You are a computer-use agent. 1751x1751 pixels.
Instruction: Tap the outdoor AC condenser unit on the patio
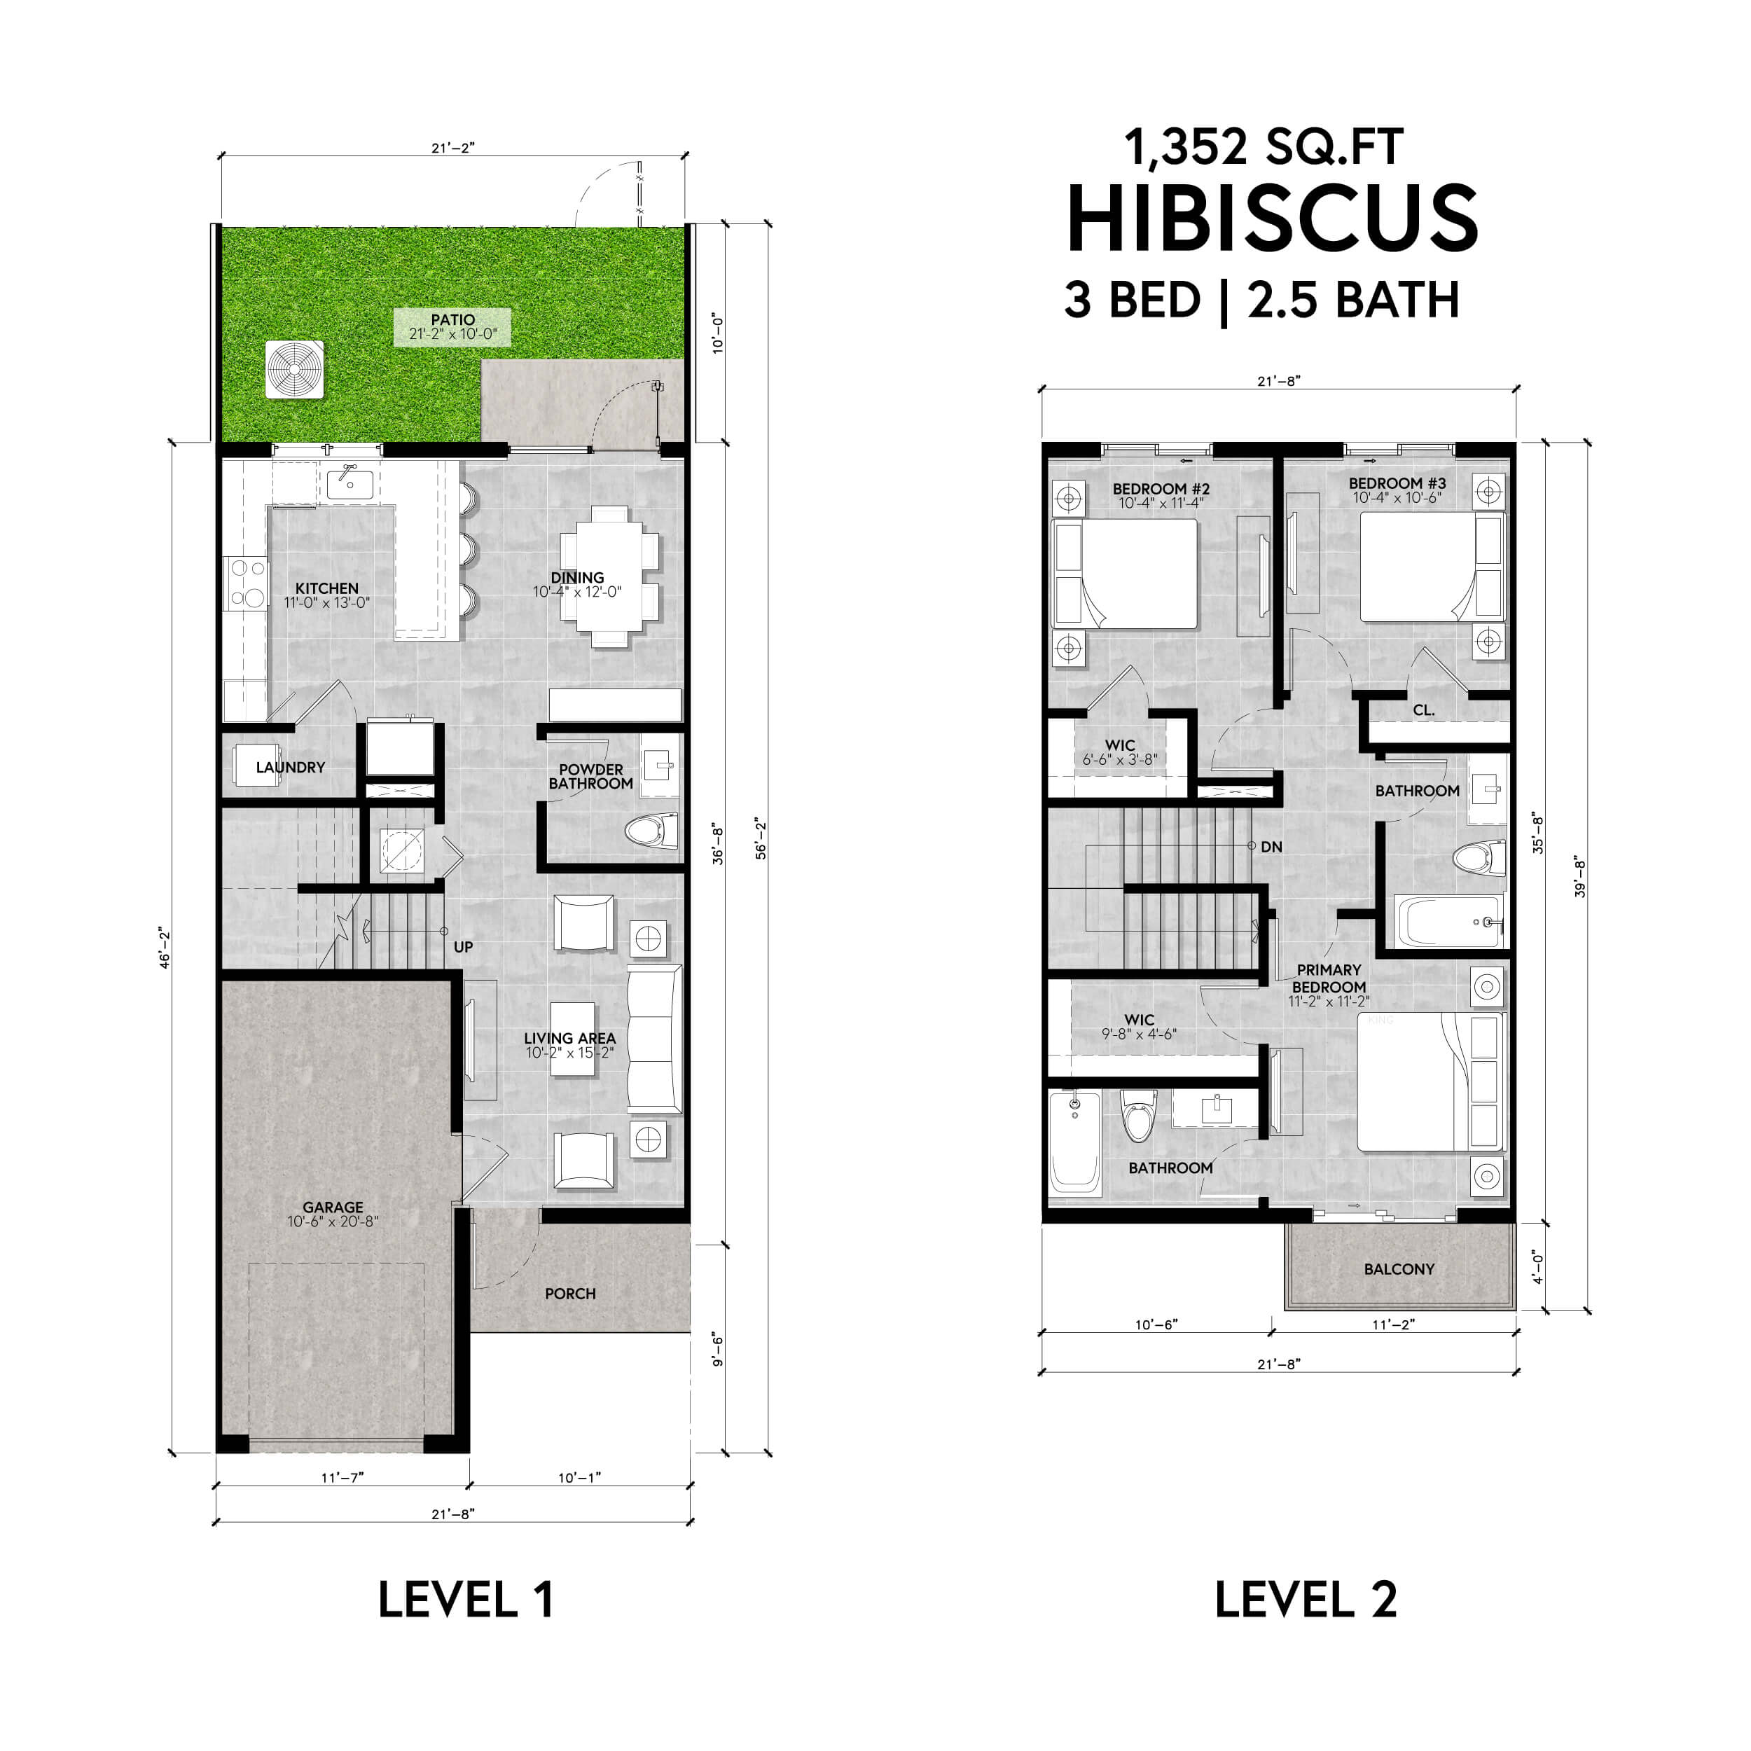click(295, 370)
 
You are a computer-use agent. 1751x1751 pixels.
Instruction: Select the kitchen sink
click(349, 483)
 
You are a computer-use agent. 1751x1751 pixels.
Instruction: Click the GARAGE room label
click(333, 1207)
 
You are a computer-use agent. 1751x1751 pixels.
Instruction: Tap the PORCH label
click(570, 1294)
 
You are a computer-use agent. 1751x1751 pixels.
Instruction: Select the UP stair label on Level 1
click(463, 947)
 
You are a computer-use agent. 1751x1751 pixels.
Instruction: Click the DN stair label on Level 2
click(1271, 847)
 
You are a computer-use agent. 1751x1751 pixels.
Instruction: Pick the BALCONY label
click(1399, 1269)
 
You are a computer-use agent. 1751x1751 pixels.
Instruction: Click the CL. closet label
click(1424, 710)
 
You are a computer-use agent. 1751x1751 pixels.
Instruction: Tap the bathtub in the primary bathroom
click(1075, 1143)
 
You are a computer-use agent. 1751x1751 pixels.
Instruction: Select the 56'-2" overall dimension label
click(761, 839)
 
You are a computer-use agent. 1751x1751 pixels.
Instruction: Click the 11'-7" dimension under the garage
click(342, 1477)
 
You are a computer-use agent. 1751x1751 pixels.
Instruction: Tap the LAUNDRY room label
click(290, 767)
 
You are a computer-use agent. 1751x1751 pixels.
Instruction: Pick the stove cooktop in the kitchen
click(246, 583)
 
